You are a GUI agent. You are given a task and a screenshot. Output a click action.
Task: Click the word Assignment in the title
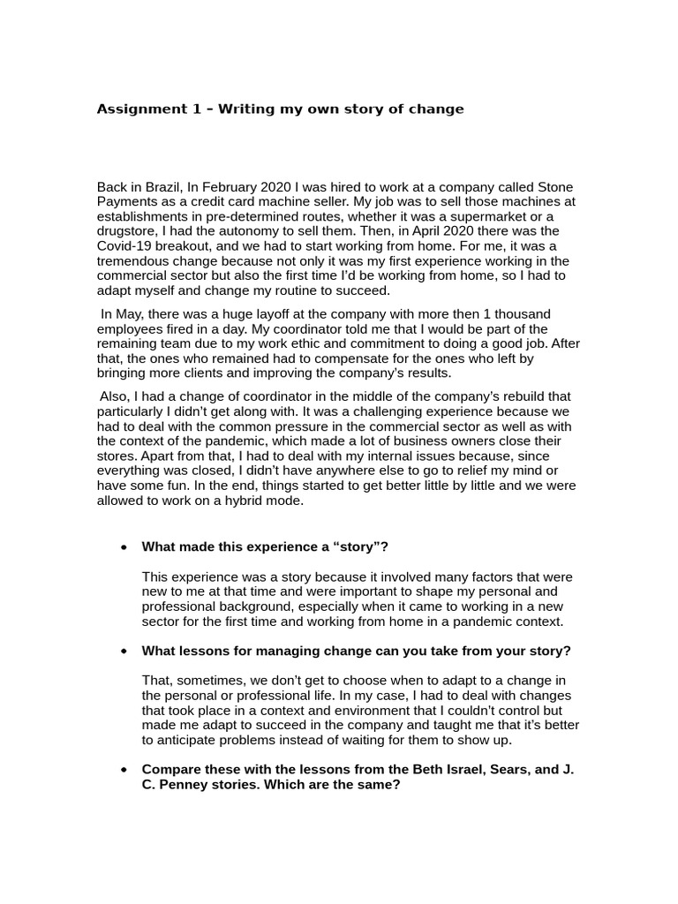(138, 109)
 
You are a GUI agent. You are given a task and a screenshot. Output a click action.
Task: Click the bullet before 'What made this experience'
(122, 547)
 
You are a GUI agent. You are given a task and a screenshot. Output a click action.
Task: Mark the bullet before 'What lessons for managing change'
(122, 652)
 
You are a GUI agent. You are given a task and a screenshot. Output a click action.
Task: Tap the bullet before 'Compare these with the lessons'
(122, 770)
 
